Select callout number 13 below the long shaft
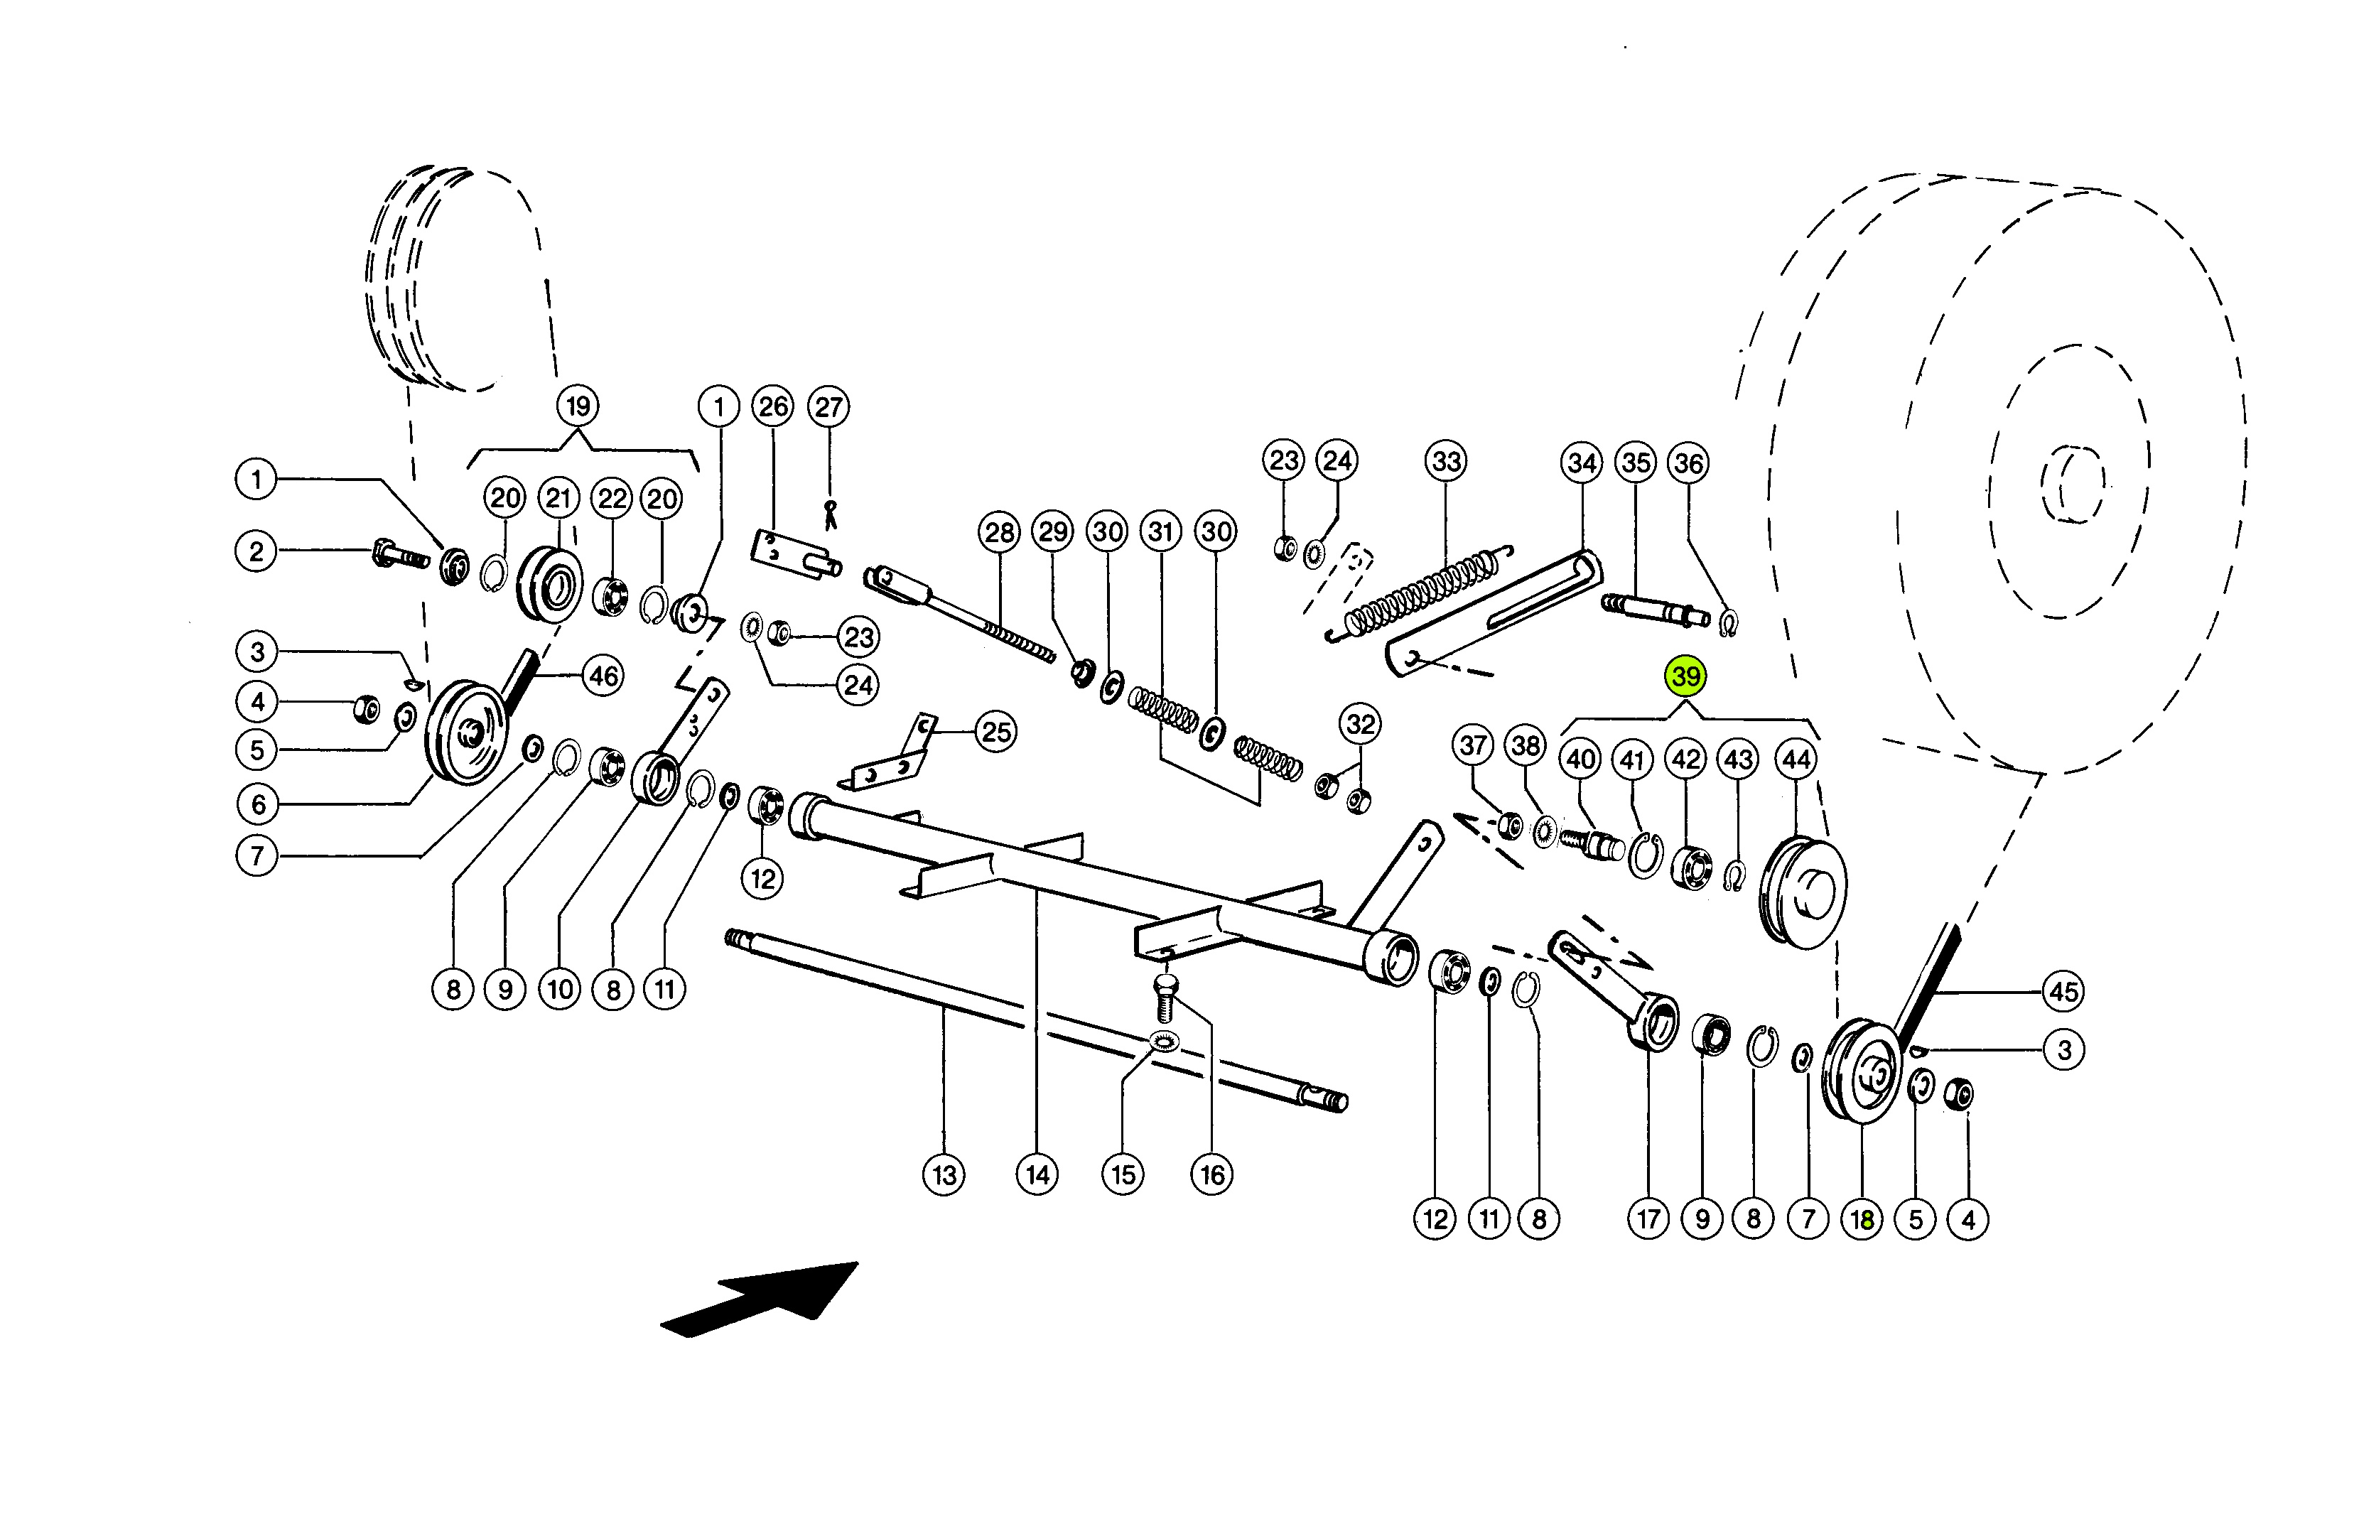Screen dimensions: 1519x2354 coord(944,1174)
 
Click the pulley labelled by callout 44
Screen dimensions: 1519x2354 coord(1803,892)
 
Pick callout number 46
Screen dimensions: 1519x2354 coord(603,676)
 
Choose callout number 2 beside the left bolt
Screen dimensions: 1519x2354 coord(257,551)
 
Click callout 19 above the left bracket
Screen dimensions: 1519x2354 coord(578,406)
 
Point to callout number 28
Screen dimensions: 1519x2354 coord(999,533)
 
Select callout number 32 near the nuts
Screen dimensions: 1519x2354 coord(1360,725)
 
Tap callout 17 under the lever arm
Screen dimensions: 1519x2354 coord(1648,1219)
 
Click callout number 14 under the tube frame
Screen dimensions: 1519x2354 coord(1037,1174)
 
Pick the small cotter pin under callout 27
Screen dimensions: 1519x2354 coord(831,515)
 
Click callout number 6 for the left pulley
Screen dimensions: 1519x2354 coord(257,804)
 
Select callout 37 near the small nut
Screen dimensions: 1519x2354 coord(1474,746)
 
